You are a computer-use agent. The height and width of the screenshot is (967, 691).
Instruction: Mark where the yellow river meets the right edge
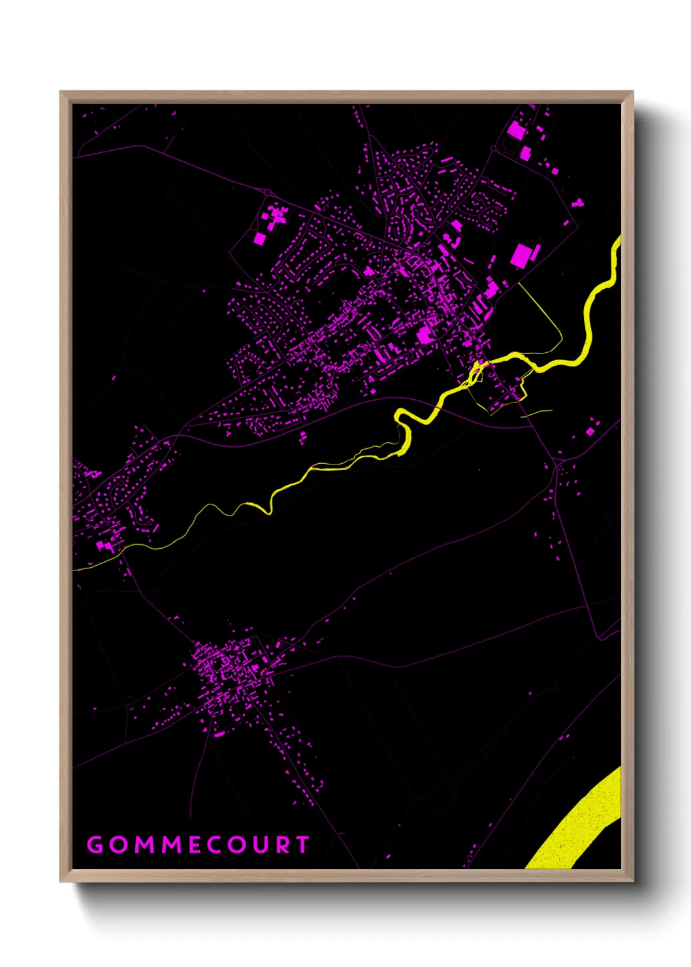click(617, 245)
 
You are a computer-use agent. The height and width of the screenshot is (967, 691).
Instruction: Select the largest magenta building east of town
click(521, 255)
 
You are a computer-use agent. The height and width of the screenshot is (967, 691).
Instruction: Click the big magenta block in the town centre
click(425, 335)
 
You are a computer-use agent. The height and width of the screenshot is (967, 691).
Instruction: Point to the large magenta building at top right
click(516, 130)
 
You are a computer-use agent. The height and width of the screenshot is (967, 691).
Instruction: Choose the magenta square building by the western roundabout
click(259, 238)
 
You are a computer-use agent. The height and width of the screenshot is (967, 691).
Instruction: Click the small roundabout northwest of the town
click(268, 192)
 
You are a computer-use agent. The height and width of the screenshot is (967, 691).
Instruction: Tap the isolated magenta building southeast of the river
click(591, 431)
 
